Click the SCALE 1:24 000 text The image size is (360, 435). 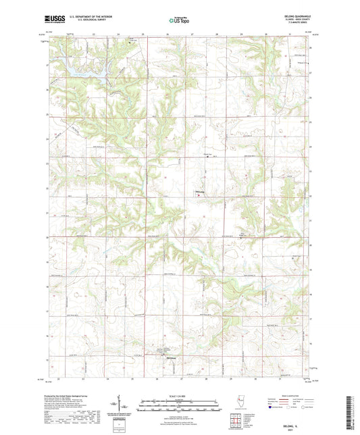tap(180, 394)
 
